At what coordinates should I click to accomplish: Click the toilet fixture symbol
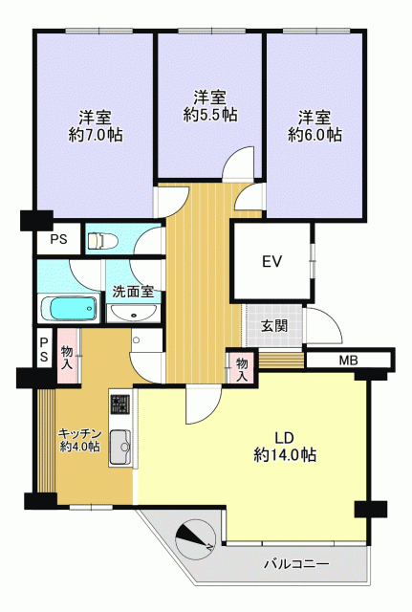tap(102, 240)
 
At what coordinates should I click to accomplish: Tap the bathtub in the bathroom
tap(69, 310)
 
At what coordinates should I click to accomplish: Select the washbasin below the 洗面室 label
tap(133, 313)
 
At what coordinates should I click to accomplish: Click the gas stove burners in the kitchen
tap(120, 404)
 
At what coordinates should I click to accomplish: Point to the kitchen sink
tap(120, 447)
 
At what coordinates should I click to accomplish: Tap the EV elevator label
tap(271, 261)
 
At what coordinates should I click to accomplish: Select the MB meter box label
tap(348, 361)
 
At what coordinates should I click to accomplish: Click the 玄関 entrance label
tap(274, 325)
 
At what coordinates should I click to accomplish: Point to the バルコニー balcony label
tap(296, 564)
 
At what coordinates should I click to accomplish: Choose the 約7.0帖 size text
tap(96, 135)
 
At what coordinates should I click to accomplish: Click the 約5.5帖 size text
tap(210, 115)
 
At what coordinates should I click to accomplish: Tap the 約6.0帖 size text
tap(314, 135)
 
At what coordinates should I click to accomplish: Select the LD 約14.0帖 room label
tap(285, 447)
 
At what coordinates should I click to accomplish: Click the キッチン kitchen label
tap(80, 433)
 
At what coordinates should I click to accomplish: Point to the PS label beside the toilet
tap(58, 239)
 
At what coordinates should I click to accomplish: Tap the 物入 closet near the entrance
tap(242, 369)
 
